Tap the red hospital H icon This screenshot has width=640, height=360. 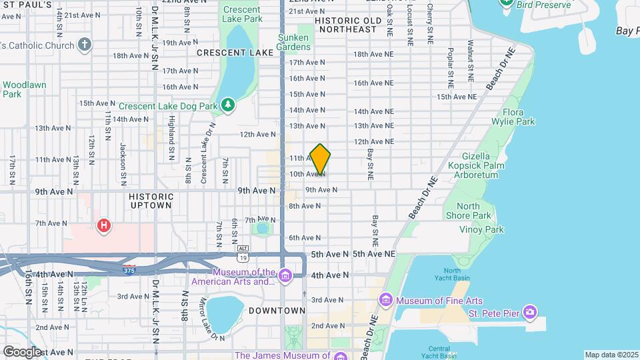tap(103, 227)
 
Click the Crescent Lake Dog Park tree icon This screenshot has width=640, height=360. tap(228, 105)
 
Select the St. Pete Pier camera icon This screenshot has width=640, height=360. tap(530, 312)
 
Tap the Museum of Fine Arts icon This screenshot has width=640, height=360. tap(386, 301)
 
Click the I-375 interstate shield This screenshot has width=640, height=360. tap(129, 269)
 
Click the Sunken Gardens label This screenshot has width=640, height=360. tap(294, 42)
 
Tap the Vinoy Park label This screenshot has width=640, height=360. tap(481, 229)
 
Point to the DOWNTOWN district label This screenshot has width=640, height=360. tap(277, 311)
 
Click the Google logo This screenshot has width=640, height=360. tap(22, 351)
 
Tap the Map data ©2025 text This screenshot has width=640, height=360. tap(610, 355)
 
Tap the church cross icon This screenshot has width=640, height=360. tap(84, 45)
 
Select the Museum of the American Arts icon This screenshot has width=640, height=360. tap(285, 275)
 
